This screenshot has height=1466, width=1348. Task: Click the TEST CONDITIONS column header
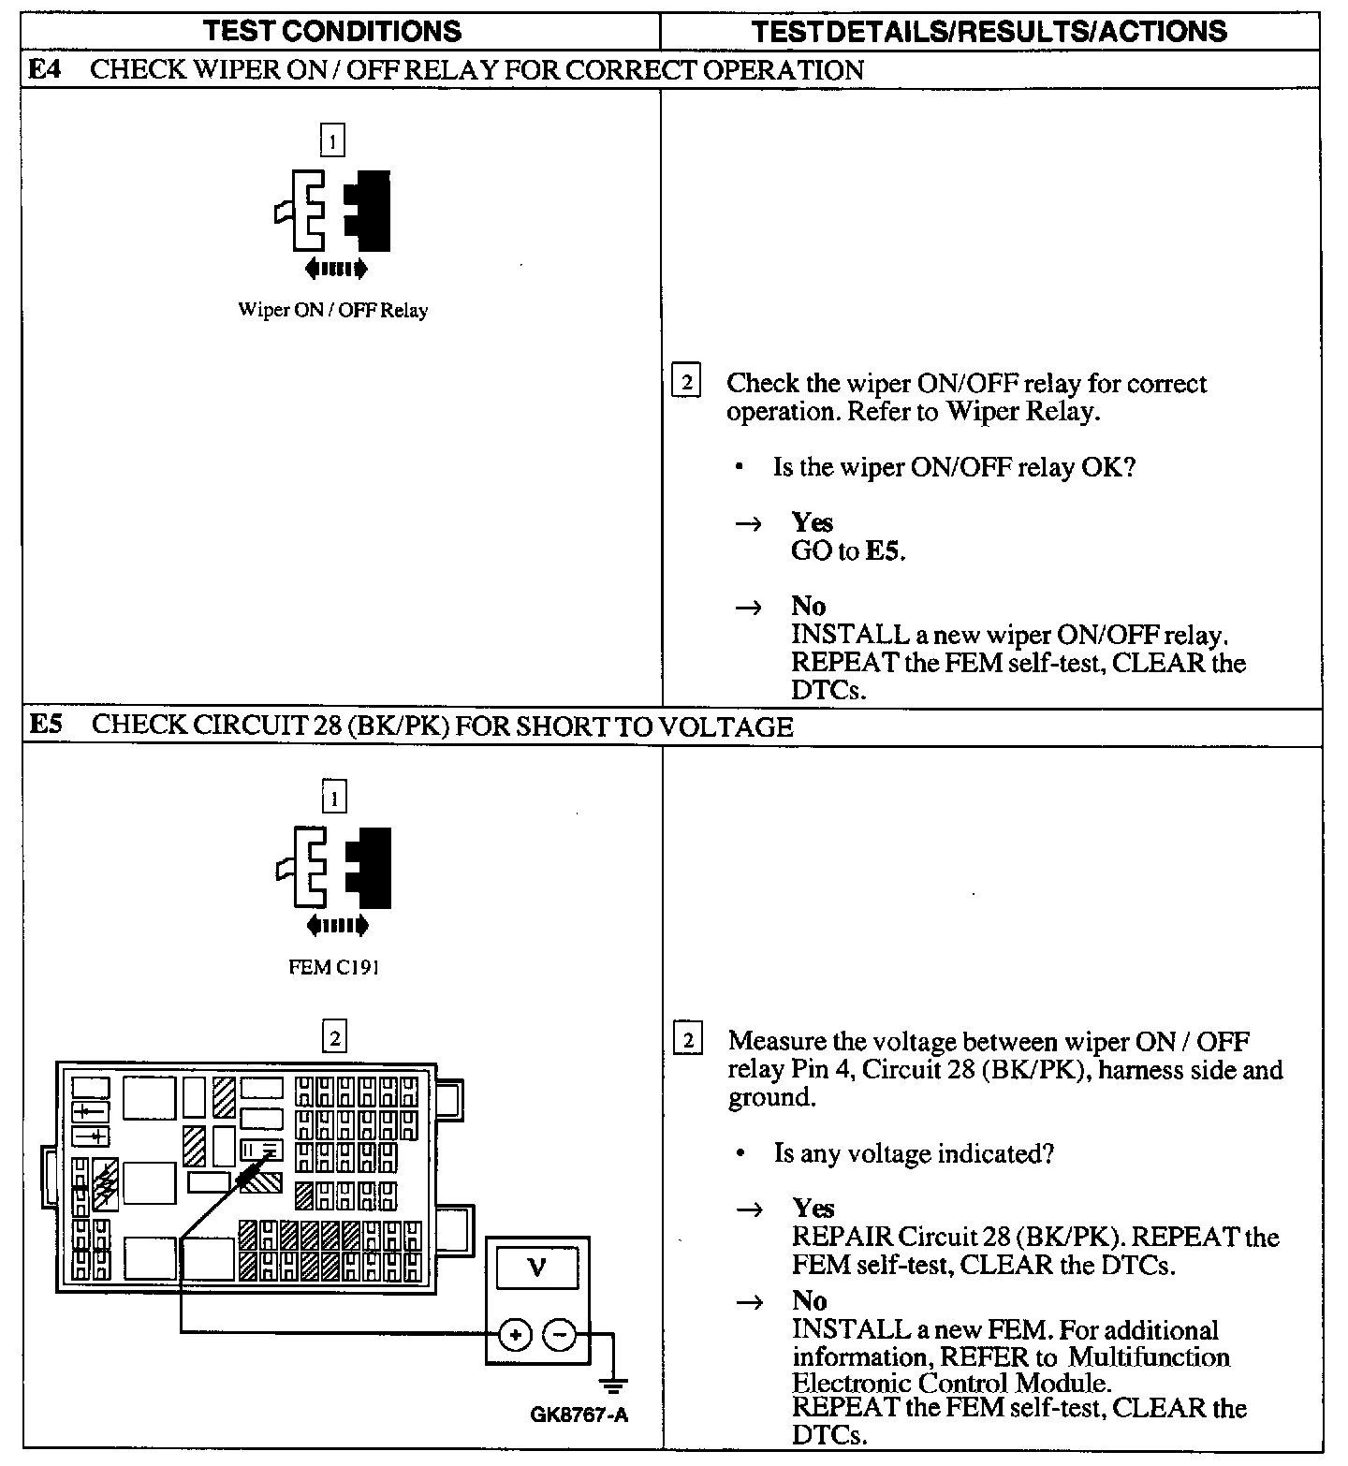tap(332, 31)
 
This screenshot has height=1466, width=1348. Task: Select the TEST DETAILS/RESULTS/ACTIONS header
tap(989, 31)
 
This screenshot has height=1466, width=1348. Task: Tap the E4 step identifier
tap(46, 70)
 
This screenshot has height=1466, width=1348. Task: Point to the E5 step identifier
tap(46, 726)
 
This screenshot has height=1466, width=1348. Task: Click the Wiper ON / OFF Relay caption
tap(332, 311)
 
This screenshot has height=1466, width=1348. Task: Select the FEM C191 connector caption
tap(334, 968)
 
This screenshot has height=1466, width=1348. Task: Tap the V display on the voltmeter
tap(536, 1268)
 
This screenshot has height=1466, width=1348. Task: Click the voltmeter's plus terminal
tap(515, 1335)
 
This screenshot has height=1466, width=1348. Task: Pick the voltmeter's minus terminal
tap(560, 1335)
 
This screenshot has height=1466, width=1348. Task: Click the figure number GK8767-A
tap(579, 1415)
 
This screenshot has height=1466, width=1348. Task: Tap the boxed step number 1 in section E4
tap(332, 141)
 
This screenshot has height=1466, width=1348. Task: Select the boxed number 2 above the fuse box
tap(334, 1037)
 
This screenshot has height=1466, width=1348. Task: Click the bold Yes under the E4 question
tap(812, 522)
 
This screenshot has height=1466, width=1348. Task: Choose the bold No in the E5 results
tap(810, 1300)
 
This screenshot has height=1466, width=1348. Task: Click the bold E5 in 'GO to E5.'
tap(885, 550)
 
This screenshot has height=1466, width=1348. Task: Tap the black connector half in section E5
tap(370, 867)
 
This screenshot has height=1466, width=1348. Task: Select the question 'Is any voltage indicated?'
tap(914, 1153)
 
